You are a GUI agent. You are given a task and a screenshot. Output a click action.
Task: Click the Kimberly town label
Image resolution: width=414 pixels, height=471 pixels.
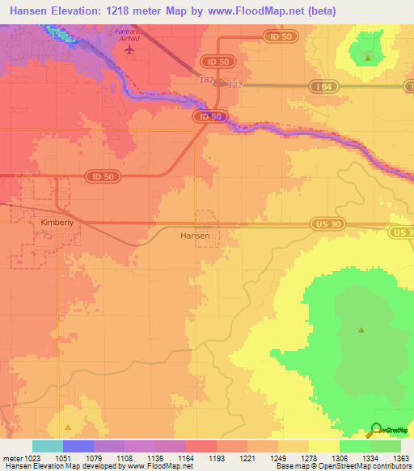[57, 221]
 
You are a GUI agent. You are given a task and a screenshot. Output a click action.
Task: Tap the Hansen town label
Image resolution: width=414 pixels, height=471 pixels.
[195, 235]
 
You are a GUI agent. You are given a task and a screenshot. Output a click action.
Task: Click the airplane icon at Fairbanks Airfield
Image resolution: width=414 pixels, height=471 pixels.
[129, 49]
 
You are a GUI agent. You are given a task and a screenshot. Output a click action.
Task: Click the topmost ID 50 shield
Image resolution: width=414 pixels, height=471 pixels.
[277, 36]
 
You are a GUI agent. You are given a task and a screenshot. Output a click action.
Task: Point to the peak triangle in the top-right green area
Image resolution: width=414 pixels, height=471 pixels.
[368, 57]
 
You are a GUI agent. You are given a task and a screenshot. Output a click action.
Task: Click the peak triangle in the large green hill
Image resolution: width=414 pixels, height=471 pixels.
[361, 329]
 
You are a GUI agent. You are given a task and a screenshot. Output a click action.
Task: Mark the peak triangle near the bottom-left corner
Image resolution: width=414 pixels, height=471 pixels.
[68, 426]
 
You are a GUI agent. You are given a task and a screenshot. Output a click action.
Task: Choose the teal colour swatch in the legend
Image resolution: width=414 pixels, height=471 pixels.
[47, 447]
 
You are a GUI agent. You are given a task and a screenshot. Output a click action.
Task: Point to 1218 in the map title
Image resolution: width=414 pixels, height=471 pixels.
[124, 9]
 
